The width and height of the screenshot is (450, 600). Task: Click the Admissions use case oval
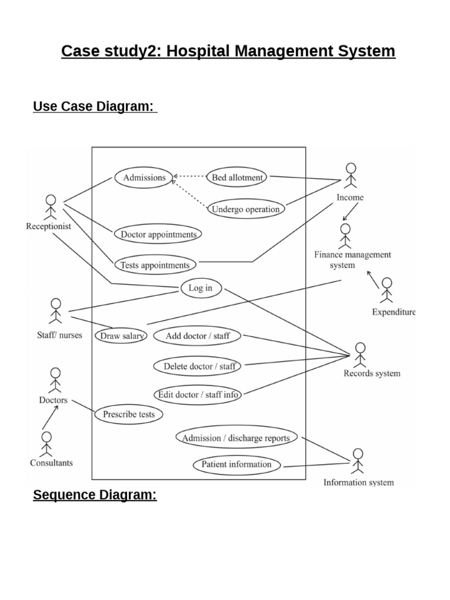click(144, 178)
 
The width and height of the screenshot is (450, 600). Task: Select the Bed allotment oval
click(237, 177)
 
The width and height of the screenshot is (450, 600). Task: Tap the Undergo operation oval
click(246, 209)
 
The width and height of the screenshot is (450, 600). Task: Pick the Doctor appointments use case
click(158, 234)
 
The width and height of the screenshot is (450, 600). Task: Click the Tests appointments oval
click(155, 265)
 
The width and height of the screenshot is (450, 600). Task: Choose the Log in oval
click(200, 288)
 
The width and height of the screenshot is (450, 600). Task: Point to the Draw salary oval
click(121, 336)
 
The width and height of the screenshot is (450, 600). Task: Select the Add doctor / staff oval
click(198, 336)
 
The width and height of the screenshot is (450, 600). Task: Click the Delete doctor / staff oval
click(199, 366)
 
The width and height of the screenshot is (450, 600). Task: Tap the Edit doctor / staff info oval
click(198, 394)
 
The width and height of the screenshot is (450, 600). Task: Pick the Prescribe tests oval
click(129, 414)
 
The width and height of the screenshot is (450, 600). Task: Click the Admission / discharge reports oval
click(236, 438)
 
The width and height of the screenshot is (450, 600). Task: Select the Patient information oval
click(237, 465)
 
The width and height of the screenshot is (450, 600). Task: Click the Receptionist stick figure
click(50, 207)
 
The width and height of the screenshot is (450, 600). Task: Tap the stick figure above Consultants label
click(46, 444)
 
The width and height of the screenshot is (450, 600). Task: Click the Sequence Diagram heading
click(95, 495)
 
